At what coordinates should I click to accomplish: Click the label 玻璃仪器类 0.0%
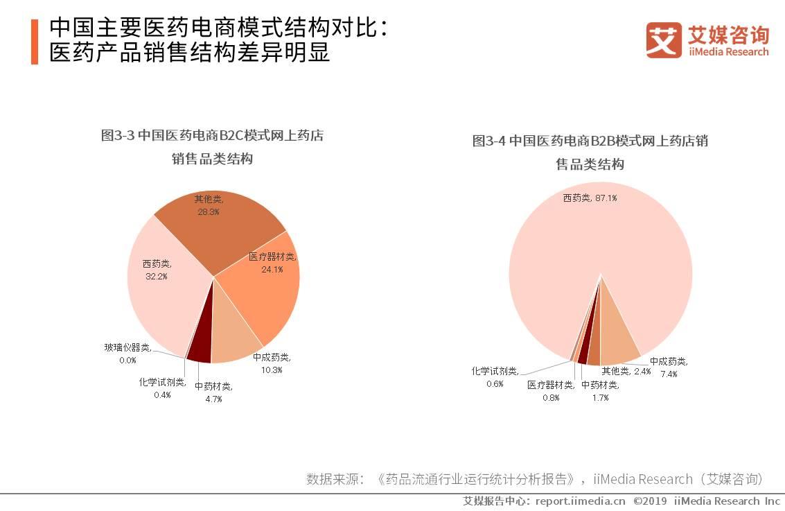[x=127, y=353]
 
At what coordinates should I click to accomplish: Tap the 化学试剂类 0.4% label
[x=162, y=388]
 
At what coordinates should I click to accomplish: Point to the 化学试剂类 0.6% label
[x=495, y=376]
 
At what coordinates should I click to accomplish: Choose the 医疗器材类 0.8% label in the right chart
[x=551, y=390]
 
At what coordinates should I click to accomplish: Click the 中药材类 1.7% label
[x=600, y=390]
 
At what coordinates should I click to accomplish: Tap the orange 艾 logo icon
[x=664, y=40]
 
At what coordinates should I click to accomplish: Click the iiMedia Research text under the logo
[x=728, y=52]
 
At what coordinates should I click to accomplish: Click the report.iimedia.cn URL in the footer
[x=580, y=501]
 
